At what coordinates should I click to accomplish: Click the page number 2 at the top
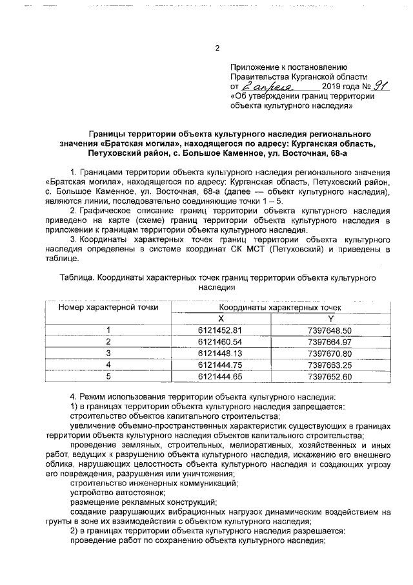pos(217,47)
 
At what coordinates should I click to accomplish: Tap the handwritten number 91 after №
pos(367,85)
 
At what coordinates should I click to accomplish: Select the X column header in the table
pos(221,319)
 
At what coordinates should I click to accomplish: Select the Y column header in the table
pos(330,319)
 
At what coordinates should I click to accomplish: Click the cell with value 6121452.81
pos(221,330)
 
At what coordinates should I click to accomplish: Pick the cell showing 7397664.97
pos(330,341)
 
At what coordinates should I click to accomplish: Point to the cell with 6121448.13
pos(221,353)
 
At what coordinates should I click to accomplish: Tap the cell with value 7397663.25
pos(330,364)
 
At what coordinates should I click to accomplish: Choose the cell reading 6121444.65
pos(221,376)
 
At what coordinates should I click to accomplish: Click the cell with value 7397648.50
pos(330,330)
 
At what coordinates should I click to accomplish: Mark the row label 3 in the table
pos(108,353)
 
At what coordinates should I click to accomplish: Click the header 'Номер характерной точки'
pos(108,308)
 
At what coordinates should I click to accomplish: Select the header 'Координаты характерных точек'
pos(276,308)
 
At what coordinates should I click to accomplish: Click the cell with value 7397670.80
pos(330,353)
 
